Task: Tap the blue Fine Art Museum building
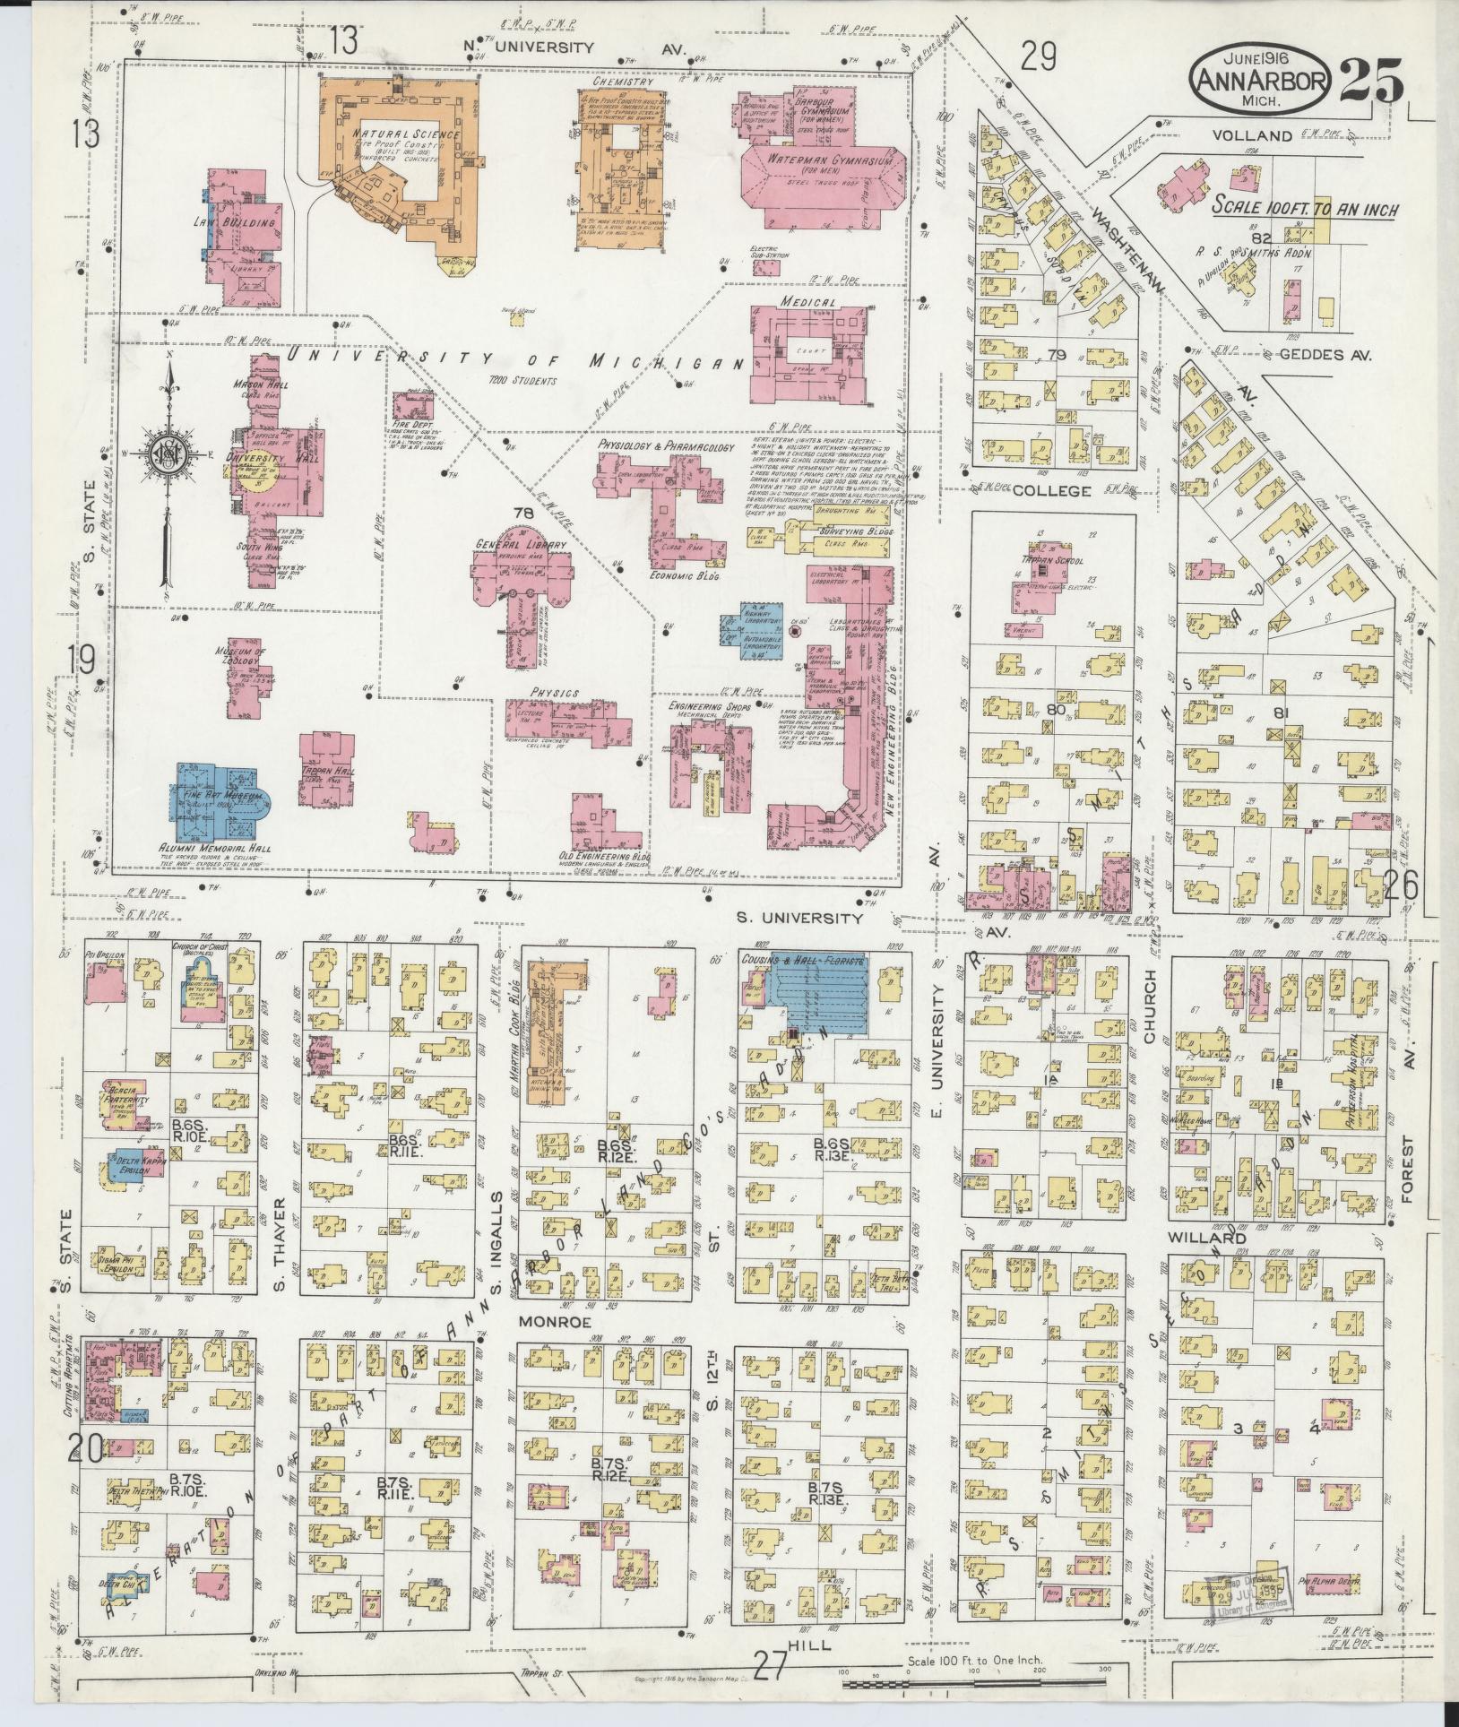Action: (220, 798)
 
